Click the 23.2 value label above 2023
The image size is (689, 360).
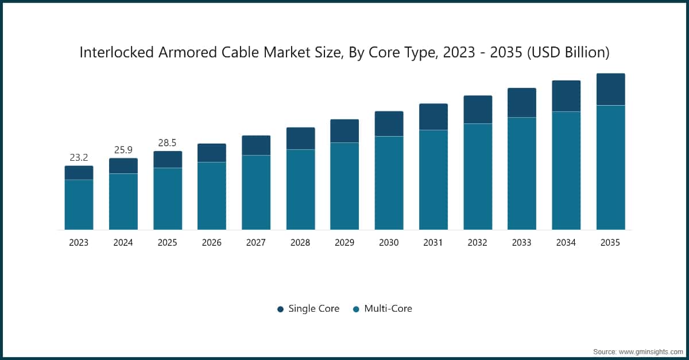point(79,157)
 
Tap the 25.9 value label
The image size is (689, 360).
point(123,149)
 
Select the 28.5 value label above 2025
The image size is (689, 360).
point(167,142)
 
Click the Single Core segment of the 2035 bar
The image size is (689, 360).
point(610,90)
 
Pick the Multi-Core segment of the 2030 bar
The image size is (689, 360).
point(389,183)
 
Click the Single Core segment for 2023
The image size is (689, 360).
point(79,173)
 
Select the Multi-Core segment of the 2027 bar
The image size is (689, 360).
point(256,192)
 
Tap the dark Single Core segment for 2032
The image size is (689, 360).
point(478,110)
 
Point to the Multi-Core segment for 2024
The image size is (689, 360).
point(123,202)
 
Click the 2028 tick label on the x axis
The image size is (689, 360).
point(300,243)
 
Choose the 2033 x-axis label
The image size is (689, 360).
point(522,243)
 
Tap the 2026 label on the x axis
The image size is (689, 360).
point(211,243)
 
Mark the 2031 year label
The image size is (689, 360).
point(433,243)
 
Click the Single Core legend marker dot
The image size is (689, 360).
point(280,309)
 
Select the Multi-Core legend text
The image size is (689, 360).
point(388,308)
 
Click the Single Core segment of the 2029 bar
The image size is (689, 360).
point(344,131)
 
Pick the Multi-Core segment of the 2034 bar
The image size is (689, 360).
point(566,171)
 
